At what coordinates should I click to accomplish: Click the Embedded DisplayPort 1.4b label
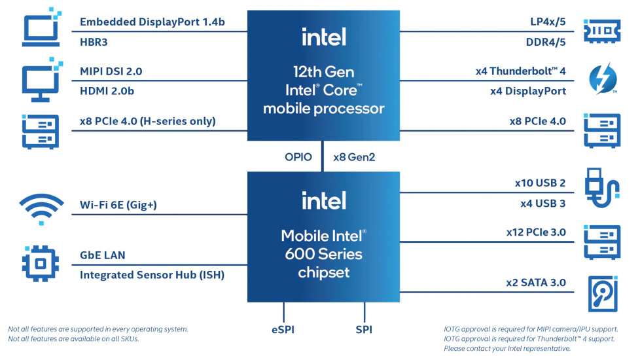click(x=152, y=22)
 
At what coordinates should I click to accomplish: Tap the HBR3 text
click(x=94, y=43)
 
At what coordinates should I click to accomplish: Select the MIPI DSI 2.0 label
click(x=111, y=71)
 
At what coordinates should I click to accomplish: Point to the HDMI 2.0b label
click(x=107, y=92)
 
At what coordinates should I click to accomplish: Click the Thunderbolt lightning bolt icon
click(x=600, y=79)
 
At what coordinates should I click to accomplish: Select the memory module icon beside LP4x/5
click(x=601, y=31)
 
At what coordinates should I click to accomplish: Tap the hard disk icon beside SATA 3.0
click(x=601, y=293)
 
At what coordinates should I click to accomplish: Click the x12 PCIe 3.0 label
click(x=535, y=232)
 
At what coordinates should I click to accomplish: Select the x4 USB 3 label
click(x=542, y=204)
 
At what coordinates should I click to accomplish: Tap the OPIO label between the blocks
click(x=298, y=157)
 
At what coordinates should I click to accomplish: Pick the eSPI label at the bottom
click(x=283, y=329)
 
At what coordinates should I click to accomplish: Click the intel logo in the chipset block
click(x=323, y=200)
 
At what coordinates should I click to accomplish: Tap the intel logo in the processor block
click(x=323, y=37)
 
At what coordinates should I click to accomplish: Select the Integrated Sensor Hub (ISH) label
click(x=152, y=275)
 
